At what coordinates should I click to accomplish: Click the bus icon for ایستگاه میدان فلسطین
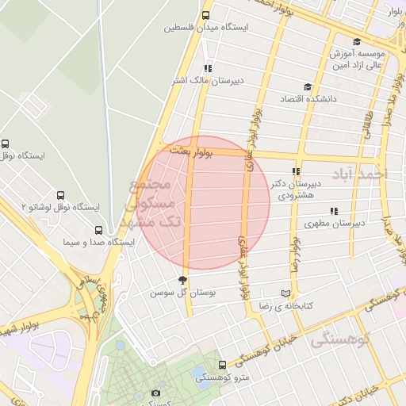coord(206,15)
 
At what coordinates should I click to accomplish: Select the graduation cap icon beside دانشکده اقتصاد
coord(308,87)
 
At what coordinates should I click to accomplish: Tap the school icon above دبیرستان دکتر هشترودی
coord(296,171)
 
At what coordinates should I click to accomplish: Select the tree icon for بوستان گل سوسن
coord(183,280)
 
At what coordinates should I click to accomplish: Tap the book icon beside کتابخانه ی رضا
coord(285,293)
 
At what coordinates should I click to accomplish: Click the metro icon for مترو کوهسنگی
coord(221,366)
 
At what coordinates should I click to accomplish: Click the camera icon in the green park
coord(155,393)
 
